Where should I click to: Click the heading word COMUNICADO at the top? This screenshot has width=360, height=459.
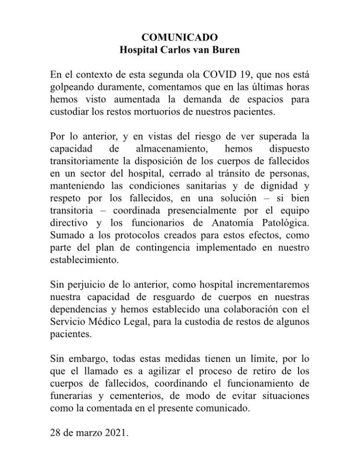tap(180, 37)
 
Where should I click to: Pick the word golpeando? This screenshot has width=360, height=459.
tap(73, 87)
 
